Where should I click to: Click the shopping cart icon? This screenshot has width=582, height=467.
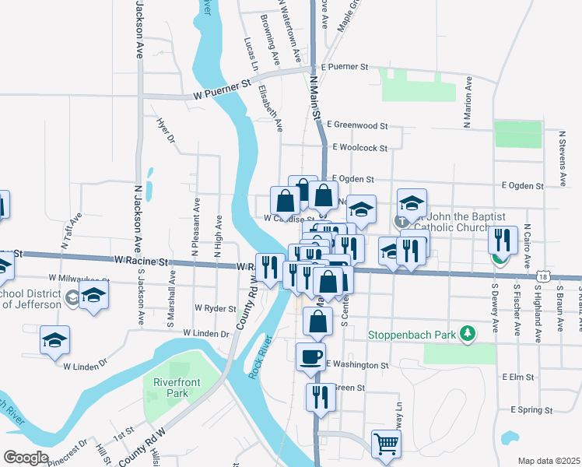[x=387, y=444]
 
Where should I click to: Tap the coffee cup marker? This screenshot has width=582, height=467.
[x=311, y=356]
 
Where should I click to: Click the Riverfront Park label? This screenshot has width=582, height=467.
[x=171, y=388]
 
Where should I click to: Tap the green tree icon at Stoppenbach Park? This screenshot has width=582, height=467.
[x=467, y=333]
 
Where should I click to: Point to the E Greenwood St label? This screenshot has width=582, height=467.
[x=357, y=125]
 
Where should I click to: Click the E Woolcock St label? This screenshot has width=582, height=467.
[x=359, y=147]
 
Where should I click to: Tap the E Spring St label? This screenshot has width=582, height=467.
[x=531, y=409]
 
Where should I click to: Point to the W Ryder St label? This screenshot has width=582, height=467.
[x=216, y=308]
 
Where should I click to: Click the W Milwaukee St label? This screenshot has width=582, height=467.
[x=78, y=277]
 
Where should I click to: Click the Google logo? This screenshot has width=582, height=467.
[x=26, y=458]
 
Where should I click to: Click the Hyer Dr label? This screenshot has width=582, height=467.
[x=167, y=132]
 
